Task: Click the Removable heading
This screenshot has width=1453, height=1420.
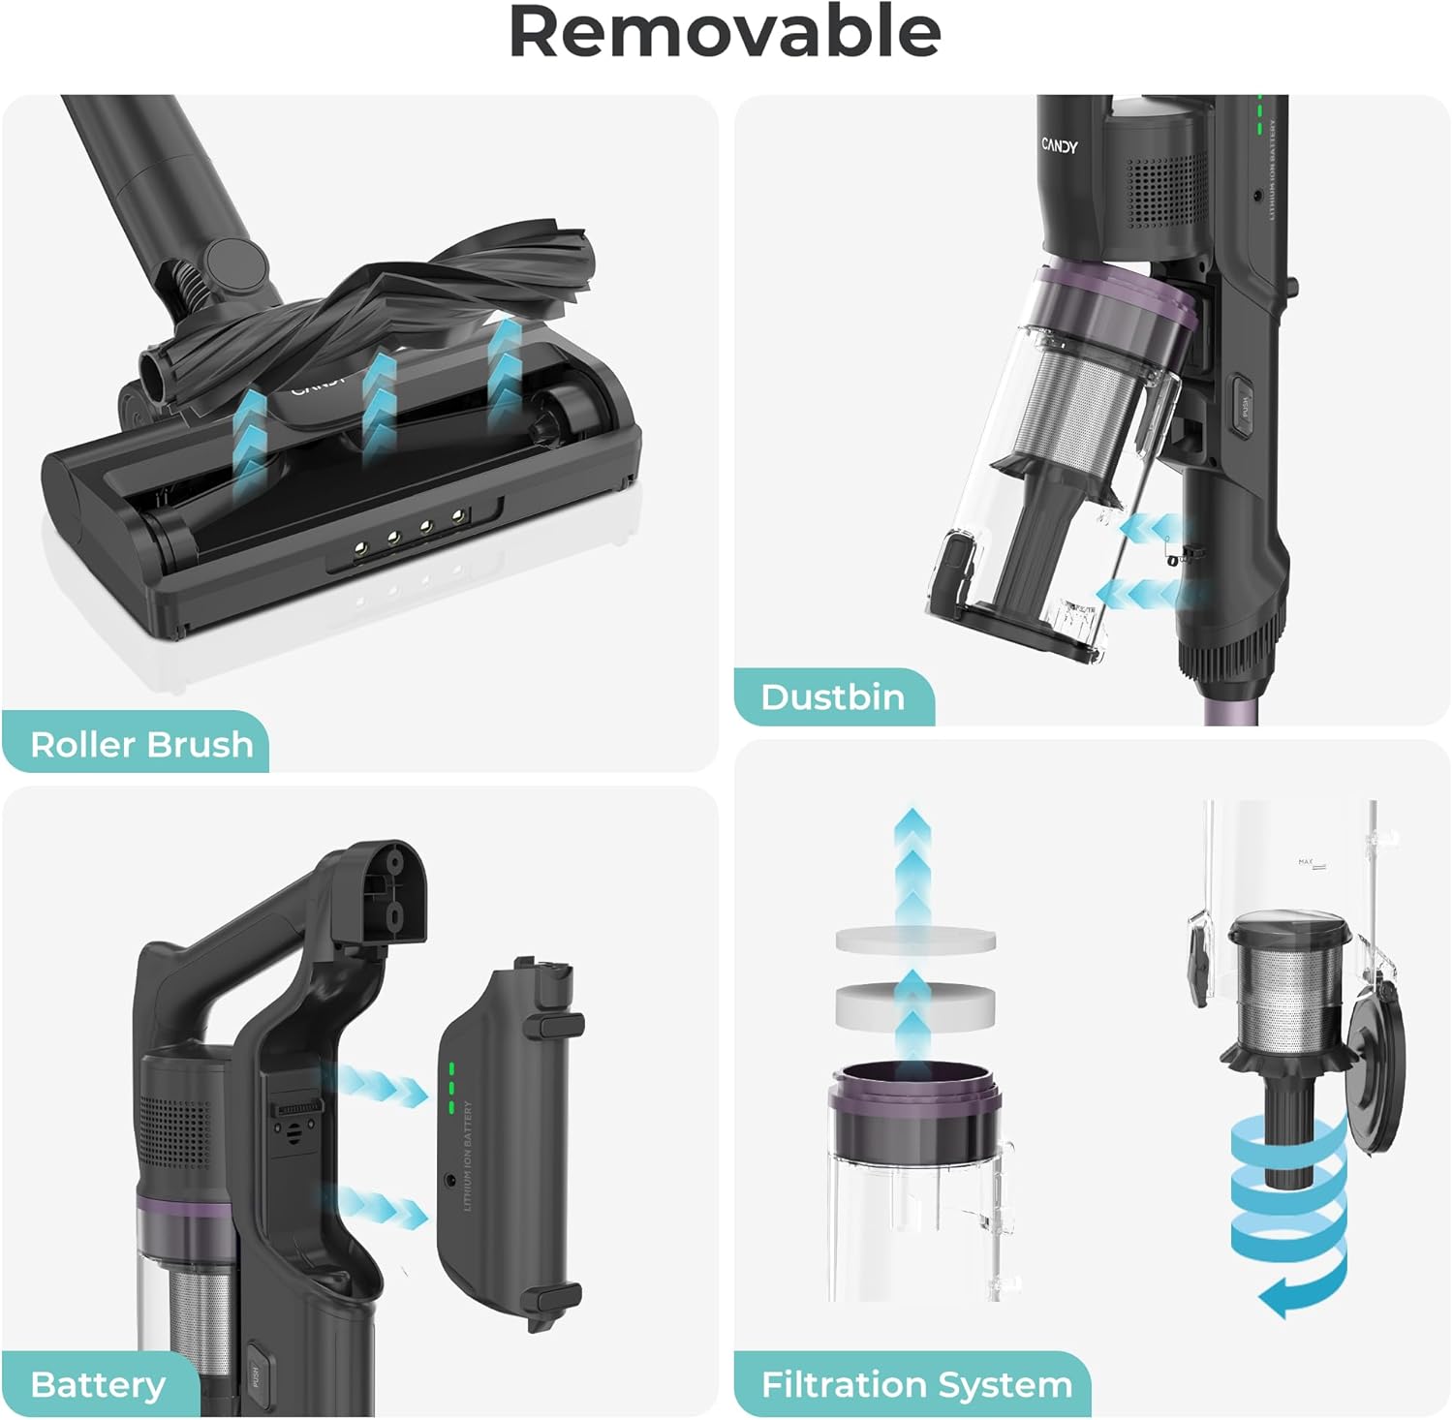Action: pyautogui.click(x=725, y=33)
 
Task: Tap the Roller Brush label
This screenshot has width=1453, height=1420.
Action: pyautogui.click(x=141, y=744)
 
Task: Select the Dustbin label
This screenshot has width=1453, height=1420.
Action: pyautogui.click(x=832, y=697)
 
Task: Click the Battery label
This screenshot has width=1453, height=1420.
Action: pyautogui.click(x=98, y=1384)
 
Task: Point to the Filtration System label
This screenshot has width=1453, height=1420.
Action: pyautogui.click(x=916, y=1384)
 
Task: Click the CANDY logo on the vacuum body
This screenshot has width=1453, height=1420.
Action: pyautogui.click(x=1059, y=146)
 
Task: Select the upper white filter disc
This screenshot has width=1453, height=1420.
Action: pyautogui.click(x=915, y=940)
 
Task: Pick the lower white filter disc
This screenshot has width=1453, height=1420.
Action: pyautogui.click(x=915, y=1003)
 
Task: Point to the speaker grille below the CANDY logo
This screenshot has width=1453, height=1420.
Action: pyautogui.click(x=1166, y=189)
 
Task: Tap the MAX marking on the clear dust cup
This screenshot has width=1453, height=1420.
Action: pyautogui.click(x=1305, y=861)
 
